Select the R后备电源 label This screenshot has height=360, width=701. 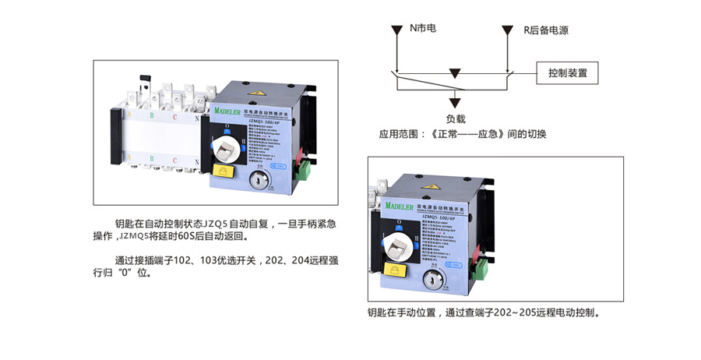(x=545, y=30)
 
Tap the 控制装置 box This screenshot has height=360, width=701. (x=567, y=74)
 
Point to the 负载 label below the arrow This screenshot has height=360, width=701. (x=456, y=119)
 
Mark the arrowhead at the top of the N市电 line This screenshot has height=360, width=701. (x=397, y=31)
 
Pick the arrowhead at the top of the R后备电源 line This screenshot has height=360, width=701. (x=510, y=31)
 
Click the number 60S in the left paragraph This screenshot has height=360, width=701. (x=183, y=236)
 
